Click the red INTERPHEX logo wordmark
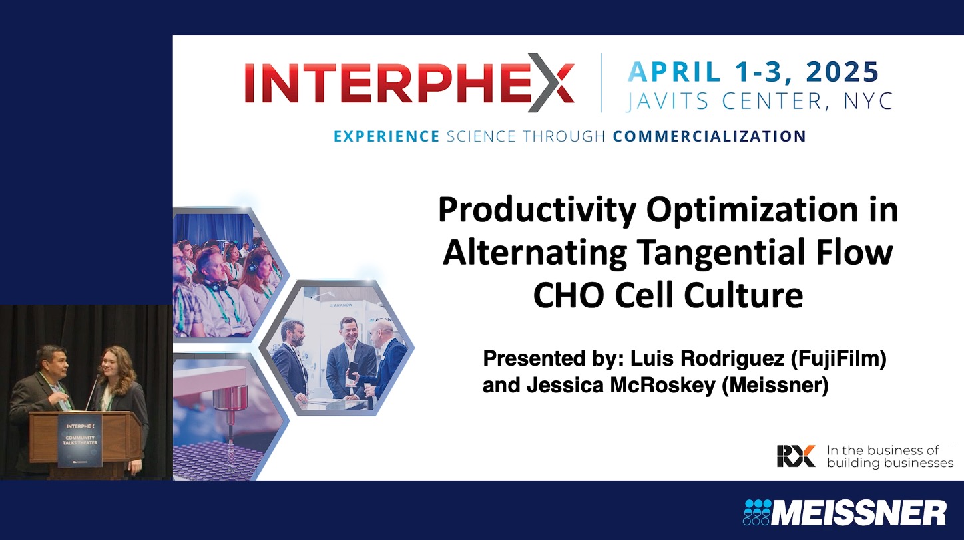click(x=409, y=83)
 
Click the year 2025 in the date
click(x=843, y=71)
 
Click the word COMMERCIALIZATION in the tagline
click(x=709, y=136)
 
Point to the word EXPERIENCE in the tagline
click(x=386, y=136)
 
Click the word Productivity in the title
click(x=537, y=211)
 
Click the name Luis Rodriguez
click(x=708, y=359)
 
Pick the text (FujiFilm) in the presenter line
click(x=839, y=359)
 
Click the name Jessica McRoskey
click(x=620, y=385)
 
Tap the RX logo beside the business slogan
click(x=796, y=456)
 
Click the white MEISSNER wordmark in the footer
click(x=859, y=513)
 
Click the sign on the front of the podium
click(x=80, y=440)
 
